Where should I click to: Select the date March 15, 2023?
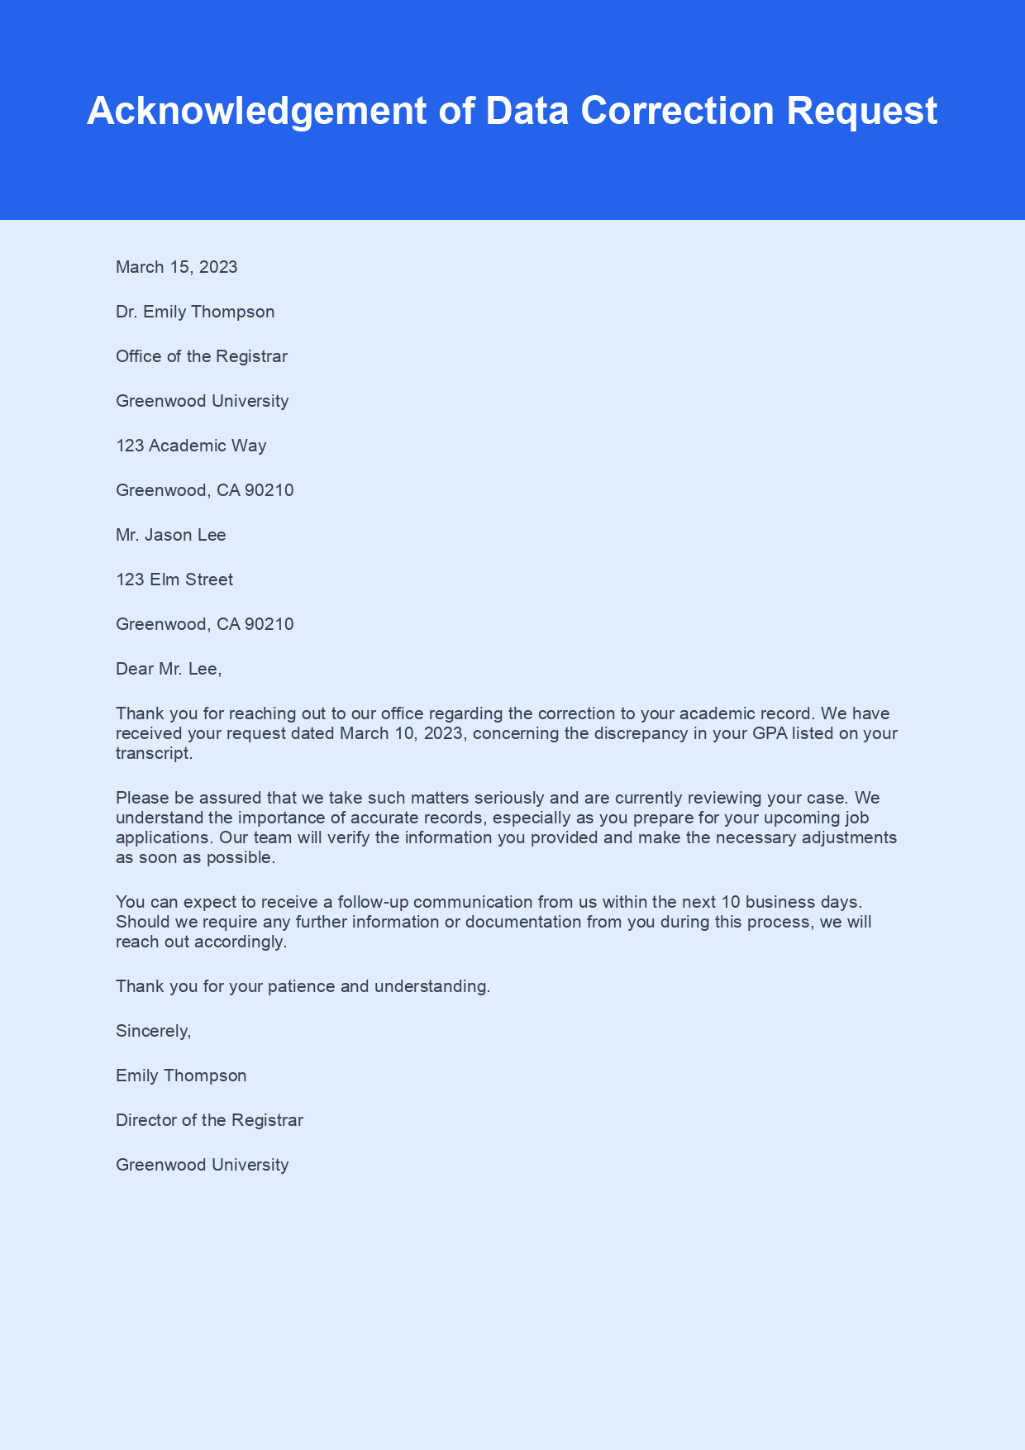coord(177,267)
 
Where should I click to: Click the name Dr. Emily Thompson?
coord(195,312)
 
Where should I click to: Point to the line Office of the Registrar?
coord(202,356)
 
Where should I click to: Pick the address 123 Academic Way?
coord(191,446)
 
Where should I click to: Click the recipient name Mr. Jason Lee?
coord(171,535)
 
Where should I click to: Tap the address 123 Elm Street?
coord(174,580)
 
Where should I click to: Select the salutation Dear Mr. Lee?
coord(169,669)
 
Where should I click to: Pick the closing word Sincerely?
coord(153,1031)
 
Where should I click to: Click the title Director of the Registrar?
coord(209,1120)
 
